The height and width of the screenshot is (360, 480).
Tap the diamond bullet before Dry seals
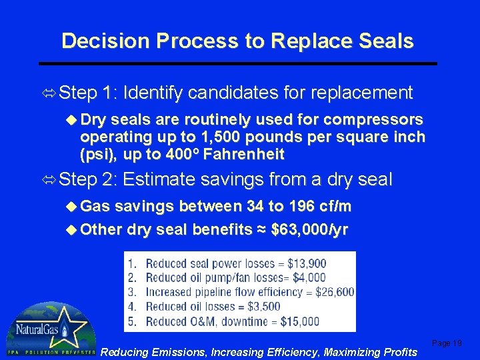coord(73,120)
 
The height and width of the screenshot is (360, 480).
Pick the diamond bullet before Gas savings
coord(73,207)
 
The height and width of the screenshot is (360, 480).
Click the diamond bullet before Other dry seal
coord(73,230)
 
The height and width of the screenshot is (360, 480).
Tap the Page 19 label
coord(447,343)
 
